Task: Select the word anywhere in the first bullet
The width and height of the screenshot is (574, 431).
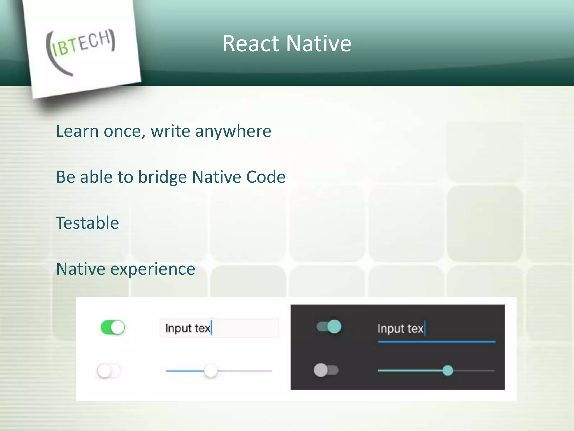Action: (x=233, y=131)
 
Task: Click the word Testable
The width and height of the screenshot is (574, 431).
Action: (x=87, y=223)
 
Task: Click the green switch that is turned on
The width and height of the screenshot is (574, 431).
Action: (x=113, y=327)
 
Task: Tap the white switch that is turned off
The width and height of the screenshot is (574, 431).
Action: (x=109, y=371)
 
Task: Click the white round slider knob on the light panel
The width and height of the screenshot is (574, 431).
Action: (x=210, y=371)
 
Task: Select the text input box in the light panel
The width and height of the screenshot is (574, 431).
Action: (x=219, y=328)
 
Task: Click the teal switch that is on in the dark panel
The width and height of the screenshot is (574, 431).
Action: (x=329, y=327)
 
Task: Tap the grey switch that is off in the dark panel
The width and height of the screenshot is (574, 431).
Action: (x=326, y=370)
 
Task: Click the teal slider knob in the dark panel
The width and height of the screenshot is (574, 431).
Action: (x=448, y=370)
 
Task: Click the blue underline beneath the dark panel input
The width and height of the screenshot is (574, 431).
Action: (x=436, y=342)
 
